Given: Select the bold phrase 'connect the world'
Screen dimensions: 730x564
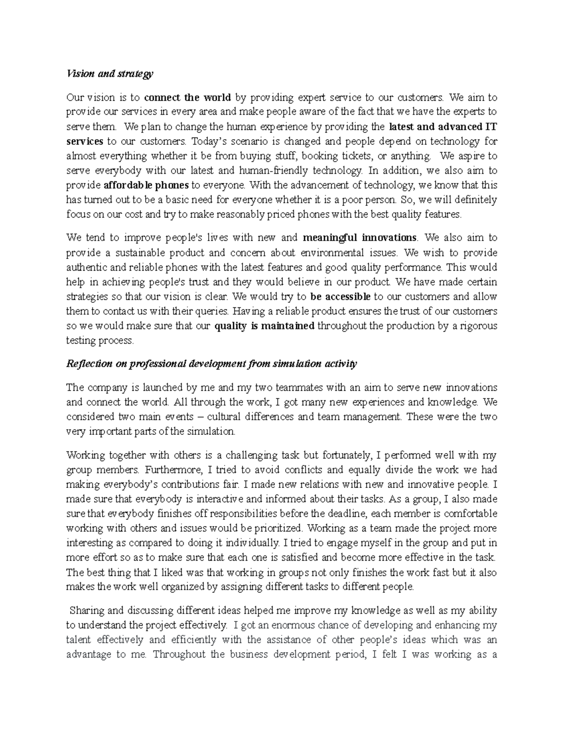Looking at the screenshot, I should click(x=187, y=98).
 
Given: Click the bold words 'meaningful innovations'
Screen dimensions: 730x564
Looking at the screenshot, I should click(x=360, y=237).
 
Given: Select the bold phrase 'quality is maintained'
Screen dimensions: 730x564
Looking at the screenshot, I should click(x=264, y=326).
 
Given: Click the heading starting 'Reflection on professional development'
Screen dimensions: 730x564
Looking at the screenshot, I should click(x=211, y=364).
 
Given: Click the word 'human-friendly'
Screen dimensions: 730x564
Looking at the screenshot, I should click(x=273, y=171).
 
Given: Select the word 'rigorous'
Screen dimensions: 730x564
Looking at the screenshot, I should click(x=479, y=326).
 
